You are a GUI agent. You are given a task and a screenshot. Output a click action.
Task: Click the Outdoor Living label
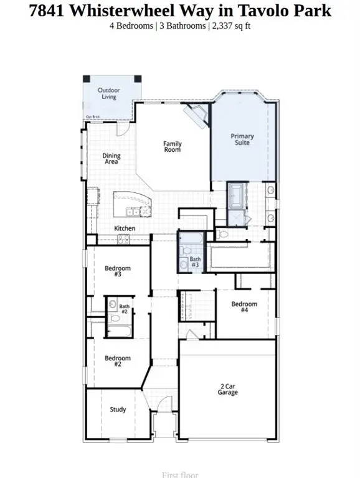(x=108, y=93)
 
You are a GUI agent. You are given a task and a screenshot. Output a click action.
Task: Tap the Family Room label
(x=173, y=147)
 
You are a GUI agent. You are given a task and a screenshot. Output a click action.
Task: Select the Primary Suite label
(x=242, y=139)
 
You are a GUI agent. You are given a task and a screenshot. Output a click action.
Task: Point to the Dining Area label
(x=111, y=159)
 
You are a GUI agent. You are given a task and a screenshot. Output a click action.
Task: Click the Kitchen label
(x=125, y=228)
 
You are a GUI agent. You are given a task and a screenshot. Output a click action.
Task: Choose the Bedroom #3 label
(x=117, y=271)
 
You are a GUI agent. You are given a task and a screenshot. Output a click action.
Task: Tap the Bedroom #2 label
(x=117, y=361)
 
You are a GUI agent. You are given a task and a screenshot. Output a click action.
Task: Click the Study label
(x=118, y=410)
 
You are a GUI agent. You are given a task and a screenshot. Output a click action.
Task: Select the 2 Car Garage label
(x=227, y=390)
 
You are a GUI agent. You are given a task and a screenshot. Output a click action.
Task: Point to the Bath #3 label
(x=196, y=262)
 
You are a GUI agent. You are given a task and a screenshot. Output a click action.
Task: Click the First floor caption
(x=180, y=474)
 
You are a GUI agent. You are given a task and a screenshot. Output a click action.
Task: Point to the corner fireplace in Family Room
(x=198, y=115)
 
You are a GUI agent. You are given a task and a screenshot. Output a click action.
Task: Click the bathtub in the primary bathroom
(x=237, y=196)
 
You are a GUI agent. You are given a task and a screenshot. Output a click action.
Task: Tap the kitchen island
(x=132, y=204)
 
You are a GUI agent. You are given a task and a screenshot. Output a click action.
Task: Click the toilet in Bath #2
(x=113, y=305)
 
